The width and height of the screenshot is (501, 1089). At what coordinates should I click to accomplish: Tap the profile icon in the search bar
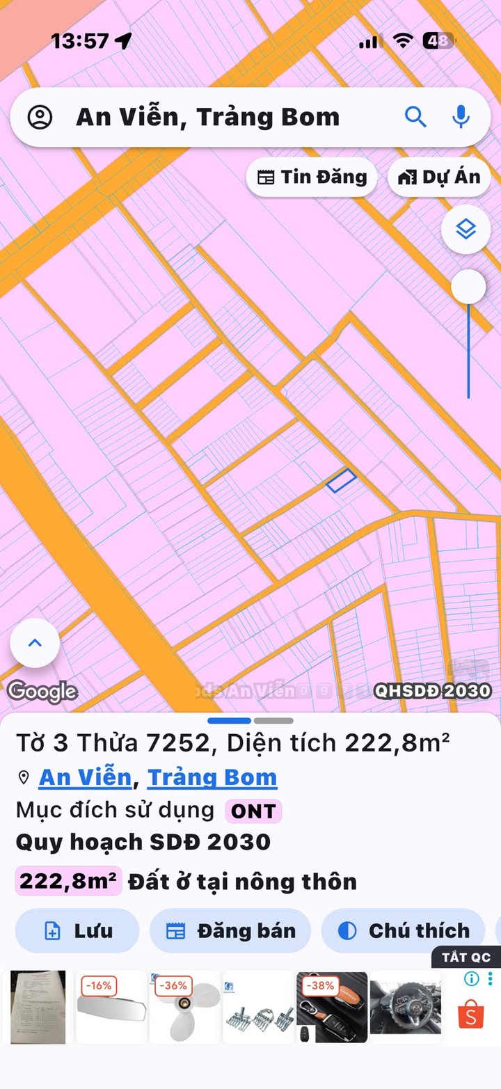(40, 117)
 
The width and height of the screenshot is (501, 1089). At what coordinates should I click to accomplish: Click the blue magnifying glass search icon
(415, 117)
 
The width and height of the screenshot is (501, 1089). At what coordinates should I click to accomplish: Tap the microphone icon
(461, 117)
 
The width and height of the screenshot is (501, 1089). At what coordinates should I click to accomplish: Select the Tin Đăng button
(312, 177)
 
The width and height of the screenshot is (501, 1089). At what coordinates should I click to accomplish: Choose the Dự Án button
(439, 177)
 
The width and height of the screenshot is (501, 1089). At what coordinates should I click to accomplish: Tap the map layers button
(466, 229)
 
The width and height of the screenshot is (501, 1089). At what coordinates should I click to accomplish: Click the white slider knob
(468, 286)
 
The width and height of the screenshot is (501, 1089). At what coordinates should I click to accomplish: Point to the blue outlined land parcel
(342, 480)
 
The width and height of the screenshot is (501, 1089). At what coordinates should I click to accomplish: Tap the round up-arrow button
(35, 643)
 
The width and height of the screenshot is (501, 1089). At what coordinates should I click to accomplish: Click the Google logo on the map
(42, 691)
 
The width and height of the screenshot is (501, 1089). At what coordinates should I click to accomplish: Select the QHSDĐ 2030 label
(433, 691)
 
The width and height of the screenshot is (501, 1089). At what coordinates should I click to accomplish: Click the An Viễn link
(85, 777)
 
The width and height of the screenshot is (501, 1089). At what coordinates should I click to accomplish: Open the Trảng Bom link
(212, 777)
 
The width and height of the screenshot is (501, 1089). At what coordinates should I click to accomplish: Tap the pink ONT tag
(253, 811)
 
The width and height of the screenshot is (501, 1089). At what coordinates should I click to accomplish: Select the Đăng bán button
(230, 930)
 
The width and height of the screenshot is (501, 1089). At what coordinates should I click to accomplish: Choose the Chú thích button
(403, 930)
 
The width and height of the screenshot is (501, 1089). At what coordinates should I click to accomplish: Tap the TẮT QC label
(466, 957)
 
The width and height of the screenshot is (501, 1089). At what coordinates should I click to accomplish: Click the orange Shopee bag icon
(471, 1015)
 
